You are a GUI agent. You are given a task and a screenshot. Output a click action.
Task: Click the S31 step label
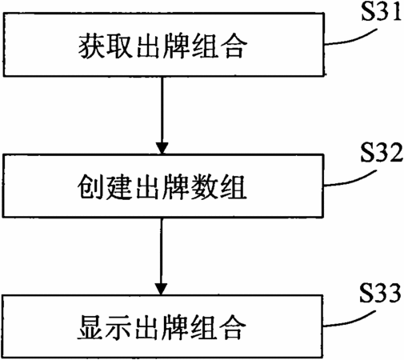382,12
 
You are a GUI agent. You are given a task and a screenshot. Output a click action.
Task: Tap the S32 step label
382,153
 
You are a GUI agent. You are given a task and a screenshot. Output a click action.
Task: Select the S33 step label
380,293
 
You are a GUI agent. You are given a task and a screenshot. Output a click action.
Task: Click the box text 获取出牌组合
162,46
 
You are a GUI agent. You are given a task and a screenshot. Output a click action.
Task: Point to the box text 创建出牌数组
162,186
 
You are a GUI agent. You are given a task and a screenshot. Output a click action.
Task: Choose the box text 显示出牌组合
162,327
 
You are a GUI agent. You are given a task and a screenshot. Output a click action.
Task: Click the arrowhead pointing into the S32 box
162,148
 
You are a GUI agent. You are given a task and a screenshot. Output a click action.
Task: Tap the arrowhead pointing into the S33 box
161,289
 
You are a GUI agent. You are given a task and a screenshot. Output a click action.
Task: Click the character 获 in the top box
91,46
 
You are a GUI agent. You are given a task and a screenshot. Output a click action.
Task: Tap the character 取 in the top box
120,46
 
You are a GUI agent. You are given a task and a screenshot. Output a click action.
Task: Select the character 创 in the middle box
90,186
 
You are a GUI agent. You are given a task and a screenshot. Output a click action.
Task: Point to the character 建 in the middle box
119,186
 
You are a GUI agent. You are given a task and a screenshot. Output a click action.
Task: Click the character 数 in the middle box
205,186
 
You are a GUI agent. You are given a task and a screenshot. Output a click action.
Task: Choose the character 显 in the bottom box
90,327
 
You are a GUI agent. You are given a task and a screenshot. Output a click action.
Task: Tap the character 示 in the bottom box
118,327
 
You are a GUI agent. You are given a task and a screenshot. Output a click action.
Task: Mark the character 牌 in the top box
177,46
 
